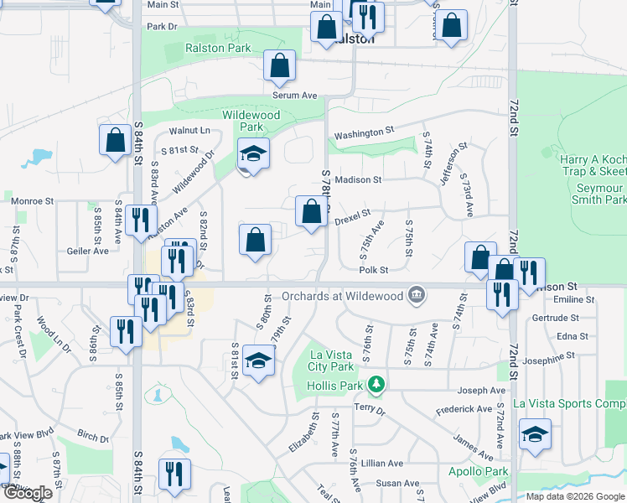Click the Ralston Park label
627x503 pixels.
(x=217, y=48)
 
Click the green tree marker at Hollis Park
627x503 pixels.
(x=378, y=385)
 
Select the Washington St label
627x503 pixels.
(x=364, y=132)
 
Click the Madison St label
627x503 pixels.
(x=358, y=179)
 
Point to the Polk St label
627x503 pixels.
(x=373, y=270)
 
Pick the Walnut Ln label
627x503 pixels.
(x=189, y=130)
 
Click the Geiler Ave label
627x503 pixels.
(x=89, y=251)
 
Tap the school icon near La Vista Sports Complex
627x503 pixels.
(x=535, y=435)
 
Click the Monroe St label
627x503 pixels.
(x=33, y=201)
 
